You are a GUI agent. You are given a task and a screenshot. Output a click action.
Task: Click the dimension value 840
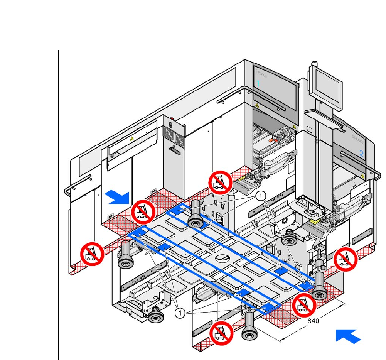click(313, 320)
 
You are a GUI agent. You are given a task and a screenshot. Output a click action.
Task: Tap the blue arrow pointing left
click(348, 335)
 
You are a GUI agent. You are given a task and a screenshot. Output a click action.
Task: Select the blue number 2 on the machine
click(361, 153)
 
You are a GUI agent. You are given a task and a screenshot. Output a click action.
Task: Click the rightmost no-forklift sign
click(345, 259)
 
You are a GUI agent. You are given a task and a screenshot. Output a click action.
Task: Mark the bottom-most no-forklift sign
click(221, 333)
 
